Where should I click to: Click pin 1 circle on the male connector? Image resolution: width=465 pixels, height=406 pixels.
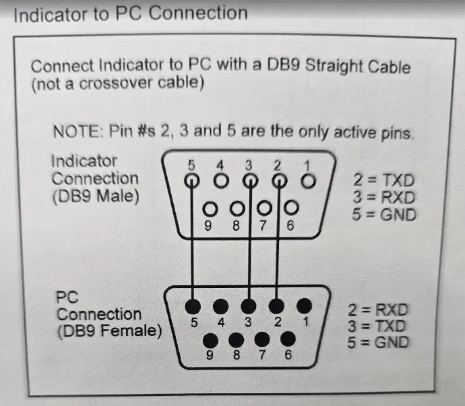[x=308, y=181]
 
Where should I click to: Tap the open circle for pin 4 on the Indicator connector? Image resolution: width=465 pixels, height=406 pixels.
[x=220, y=181]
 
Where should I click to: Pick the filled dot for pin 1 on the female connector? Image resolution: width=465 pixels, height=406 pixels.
[x=305, y=306]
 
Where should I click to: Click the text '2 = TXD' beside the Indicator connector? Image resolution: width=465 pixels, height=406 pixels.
[x=383, y=180]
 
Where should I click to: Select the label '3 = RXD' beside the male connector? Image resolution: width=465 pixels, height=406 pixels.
[x=383, y=198]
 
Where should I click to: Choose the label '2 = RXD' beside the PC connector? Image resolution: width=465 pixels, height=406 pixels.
[x=379, y=310]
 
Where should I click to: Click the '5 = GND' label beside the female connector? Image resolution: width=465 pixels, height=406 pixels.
[x=379, y=342]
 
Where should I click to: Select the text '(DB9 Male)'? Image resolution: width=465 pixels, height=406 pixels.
[x=94, y=196]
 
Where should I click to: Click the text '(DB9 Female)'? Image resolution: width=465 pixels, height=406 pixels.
[x=110, y=331]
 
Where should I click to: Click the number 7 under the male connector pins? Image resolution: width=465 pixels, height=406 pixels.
[x=263, y=226]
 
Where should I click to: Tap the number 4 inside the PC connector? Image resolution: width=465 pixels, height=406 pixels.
[x=220, y=322]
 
